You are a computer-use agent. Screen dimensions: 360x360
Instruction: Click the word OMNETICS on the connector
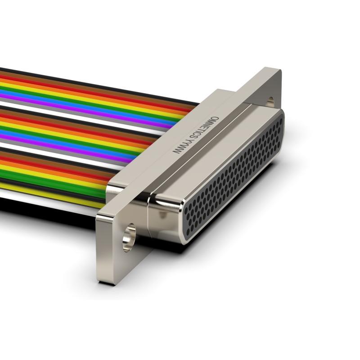point(202,128)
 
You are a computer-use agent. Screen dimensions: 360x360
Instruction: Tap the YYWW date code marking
point(181,147)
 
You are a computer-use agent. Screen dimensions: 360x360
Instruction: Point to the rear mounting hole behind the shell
point(271,101)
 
